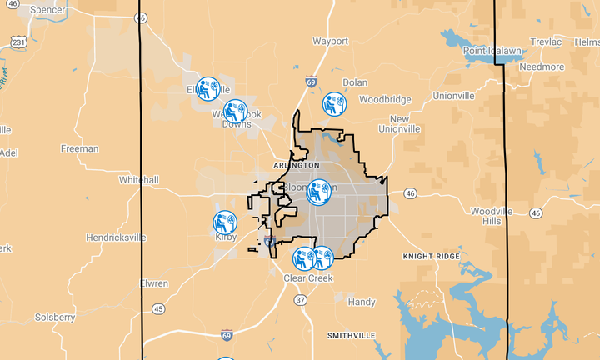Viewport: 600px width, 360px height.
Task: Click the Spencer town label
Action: tap(48, 10)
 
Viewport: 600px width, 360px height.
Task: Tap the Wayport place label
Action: tap(331, 40)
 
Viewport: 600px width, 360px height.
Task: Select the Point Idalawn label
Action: tap(492, 51)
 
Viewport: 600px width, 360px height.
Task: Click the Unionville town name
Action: tap(453, 96)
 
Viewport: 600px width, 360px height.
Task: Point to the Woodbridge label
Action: tap(385, 99)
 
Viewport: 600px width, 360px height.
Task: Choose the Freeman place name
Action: tap(80, 149)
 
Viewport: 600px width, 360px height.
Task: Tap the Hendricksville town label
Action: tap(116, 237)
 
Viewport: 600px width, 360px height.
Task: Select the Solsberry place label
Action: tap(55, 317)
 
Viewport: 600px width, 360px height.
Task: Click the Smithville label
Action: tap(351, 335)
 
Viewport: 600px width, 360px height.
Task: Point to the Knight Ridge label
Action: tap(431, 256)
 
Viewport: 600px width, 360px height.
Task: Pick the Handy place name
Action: tap(362, 302)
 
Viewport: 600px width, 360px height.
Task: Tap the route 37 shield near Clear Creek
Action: tap(300, 300)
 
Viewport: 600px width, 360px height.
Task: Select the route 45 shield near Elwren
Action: tap(158, 308)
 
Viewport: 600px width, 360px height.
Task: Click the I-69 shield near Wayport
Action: tap(311, 82)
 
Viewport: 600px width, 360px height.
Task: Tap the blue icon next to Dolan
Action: tap(333, 104)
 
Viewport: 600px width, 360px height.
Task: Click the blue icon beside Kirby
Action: tap(225, 222)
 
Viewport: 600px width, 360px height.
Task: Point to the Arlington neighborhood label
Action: tap(296, 166)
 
